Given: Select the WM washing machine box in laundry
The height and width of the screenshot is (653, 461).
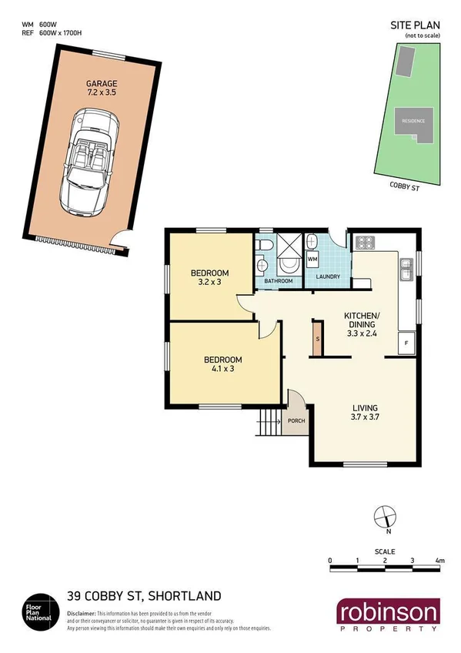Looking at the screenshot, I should pos(312,260).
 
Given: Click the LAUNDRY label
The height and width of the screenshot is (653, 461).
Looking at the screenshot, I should pos(329,276).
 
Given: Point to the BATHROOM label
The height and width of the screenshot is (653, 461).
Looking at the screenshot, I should pos(279,281).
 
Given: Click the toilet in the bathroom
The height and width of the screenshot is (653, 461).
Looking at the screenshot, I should pos(265,245).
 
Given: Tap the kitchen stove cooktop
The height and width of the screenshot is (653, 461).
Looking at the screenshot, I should pos(363,242).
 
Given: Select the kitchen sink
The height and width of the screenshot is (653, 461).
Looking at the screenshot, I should pos(406,267).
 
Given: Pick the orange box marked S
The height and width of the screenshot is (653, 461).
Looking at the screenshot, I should pos(316,339).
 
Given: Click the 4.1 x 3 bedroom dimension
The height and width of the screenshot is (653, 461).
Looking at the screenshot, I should pos(222,370).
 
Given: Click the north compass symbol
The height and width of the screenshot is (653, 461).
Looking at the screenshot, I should pos(384,517).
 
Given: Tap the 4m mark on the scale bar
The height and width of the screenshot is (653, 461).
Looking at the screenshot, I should pos(440,561).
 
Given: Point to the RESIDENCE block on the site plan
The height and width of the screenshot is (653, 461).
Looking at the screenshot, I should pos(414,121).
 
